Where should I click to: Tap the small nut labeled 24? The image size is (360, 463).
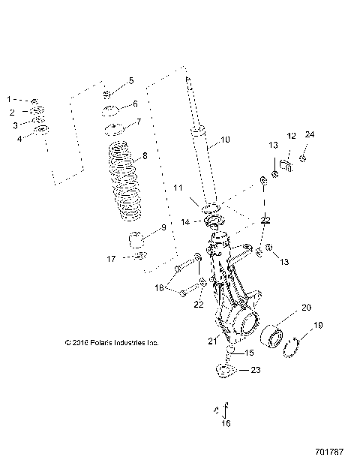coord(302,158)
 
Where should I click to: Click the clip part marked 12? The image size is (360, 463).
coord(286,163)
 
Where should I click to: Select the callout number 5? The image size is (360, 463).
coord(130,80)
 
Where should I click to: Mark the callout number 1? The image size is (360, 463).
coord(10,99)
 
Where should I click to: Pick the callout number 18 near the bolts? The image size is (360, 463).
coord(158,287)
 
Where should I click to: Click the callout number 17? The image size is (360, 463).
coord(110,260)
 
